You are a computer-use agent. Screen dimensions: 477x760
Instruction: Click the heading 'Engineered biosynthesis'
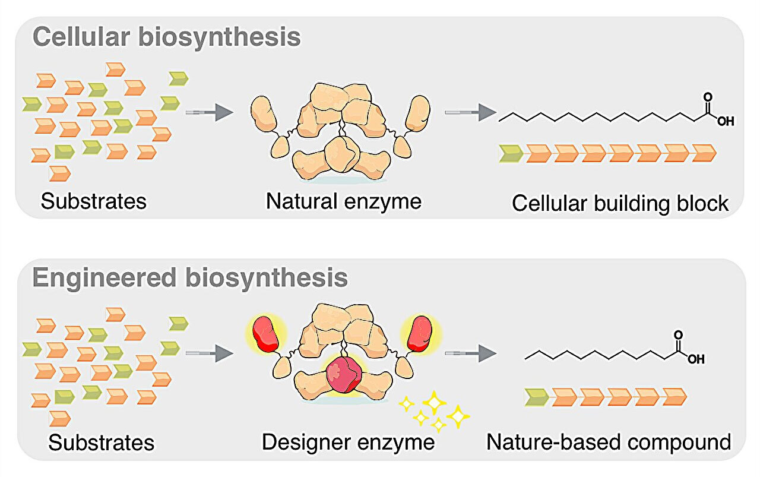tap(190, 278)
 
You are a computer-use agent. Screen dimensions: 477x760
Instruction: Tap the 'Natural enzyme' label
tap(343, 201)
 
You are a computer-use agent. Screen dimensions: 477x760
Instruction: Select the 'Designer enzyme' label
tap(348, 442)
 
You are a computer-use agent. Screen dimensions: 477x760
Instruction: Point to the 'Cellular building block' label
tap(620, 203)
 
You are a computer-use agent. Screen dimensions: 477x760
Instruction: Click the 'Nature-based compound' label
tap(609, 442)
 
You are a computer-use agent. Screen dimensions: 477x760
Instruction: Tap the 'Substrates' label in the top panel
tap(93, 201)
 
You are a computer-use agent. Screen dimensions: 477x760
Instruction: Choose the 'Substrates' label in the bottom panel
tap(101, 443)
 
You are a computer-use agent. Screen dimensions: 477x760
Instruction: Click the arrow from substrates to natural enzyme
tap(207, 112)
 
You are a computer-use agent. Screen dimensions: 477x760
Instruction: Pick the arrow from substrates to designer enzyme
tap(207, 353)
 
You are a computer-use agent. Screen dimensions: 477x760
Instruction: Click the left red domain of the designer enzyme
tap(265, 336)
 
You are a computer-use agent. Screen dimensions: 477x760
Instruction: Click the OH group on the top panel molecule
tap(725, 121)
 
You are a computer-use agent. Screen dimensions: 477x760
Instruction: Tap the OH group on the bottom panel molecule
tap(696, 359)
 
